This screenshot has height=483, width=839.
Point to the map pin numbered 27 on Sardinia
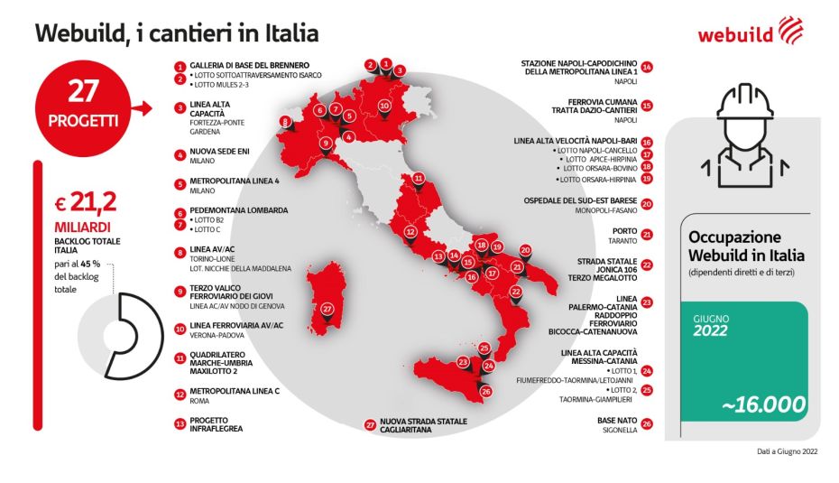(x=327, y=308)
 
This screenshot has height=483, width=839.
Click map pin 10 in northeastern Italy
(x=383, y=105)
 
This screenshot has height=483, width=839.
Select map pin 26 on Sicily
(x=485, y=390)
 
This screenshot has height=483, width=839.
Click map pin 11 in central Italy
(x=418, y=178)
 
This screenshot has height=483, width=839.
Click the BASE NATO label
(x=617, y=420)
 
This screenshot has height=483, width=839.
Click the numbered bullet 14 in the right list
(x=647, y=66)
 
